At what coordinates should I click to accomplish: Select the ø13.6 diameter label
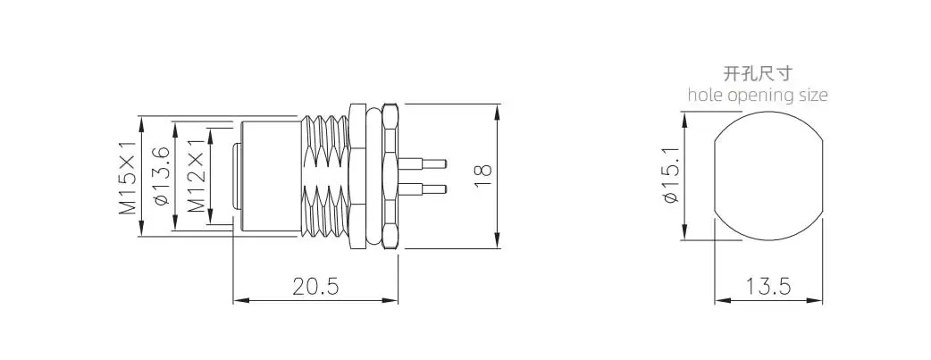[162, 177]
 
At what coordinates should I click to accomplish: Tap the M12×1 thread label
[197, 177]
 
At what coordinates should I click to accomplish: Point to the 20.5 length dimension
[315, 287]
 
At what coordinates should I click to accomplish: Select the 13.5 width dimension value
[768, 287]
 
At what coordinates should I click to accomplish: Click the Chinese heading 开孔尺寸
[758, 73]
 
